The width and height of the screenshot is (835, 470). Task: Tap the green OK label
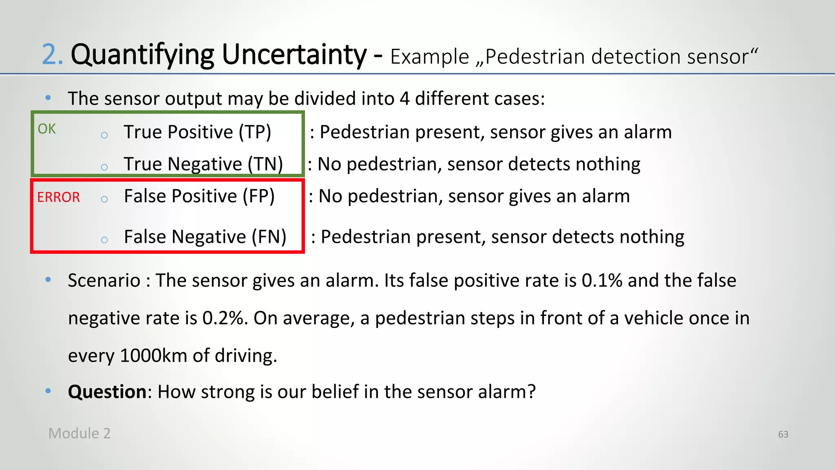pos(46,129)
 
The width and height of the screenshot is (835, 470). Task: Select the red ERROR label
pos(58,197)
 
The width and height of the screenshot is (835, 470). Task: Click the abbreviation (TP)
pos(255,132)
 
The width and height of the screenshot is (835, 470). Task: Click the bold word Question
pos(107,392)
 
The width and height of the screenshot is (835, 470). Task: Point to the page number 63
pos(783,435)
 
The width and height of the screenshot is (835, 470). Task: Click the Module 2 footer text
pos(80,433)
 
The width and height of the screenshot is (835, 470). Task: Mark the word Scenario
pos(104,281)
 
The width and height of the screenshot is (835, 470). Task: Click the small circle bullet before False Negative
pos(104,240)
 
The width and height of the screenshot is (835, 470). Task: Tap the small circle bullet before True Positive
pos(104,135)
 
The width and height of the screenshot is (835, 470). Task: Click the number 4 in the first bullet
pos(404,99)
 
